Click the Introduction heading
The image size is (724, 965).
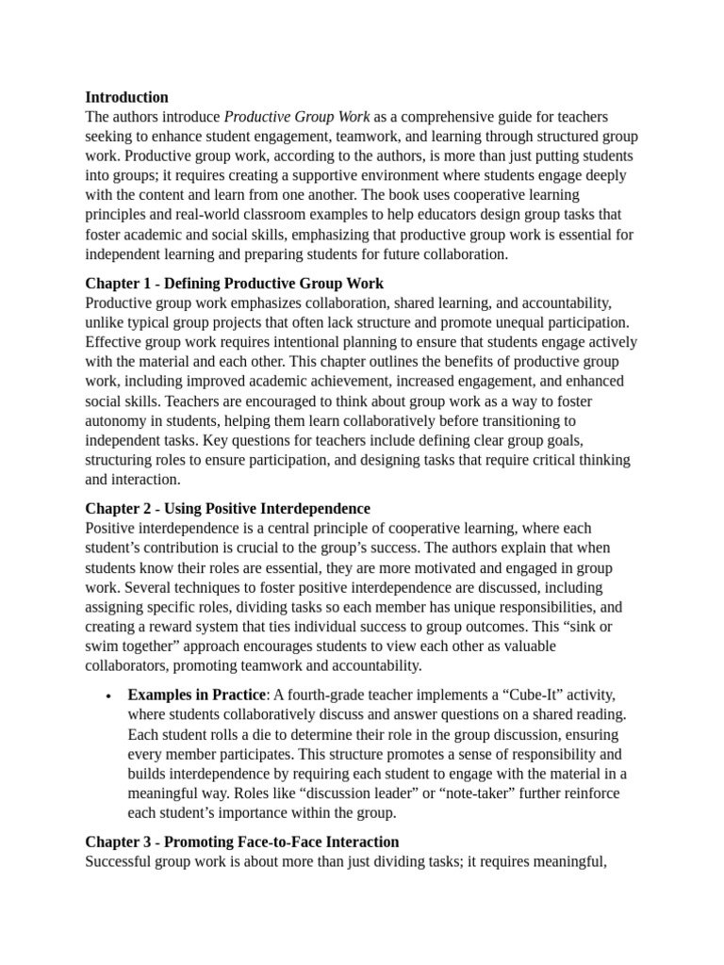[126, 97]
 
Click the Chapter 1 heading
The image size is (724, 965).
[234, 284]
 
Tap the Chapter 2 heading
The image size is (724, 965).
[227, 509]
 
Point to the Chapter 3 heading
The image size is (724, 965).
[241, 842]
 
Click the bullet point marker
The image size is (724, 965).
[109, 696]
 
